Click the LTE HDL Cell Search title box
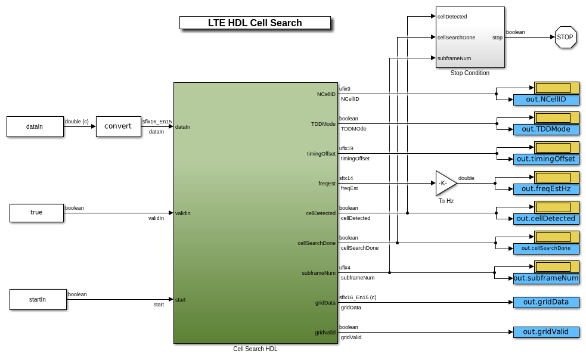[255, 23]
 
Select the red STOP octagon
[565, 37]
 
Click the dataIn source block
[35, 126]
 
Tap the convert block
[118, 126]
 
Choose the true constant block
[36, 213]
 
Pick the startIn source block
[37, 299]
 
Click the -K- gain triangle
[445, 183]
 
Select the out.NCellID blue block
[546, 100]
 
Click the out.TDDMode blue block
[546, 129]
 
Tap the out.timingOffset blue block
[546, 159]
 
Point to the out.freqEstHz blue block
[546, 189]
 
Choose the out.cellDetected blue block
[546, 219]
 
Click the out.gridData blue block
[546, 302]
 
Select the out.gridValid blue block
[546, 332]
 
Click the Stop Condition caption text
[470, 73]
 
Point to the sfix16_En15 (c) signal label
[358, 297]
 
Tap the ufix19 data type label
[346, 148]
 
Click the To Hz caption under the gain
[446, 201]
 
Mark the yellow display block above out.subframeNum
[556, 266]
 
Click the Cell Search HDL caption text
[255, 349]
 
